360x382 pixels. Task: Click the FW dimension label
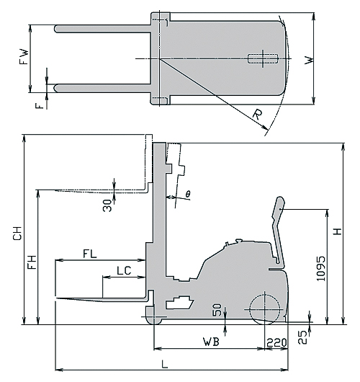pyautogui.click(x=24, y=57)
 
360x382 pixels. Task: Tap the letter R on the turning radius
pyautogui.click(x=258, y=115)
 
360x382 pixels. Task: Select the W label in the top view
pyautogui.click(x=309, y=60)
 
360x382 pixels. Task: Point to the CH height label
pyautogui.click(x=17, y=233)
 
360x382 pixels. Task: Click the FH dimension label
pyautogui.click(x=32, y=262)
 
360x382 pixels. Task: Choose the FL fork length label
pyautogui.click(x=90, y=254)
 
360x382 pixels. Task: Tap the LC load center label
pyautogui.click(x=124, y=270)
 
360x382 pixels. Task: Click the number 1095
pyautogui.click(x=320, y=268)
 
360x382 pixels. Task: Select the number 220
pyautogui.click(x=276, y=343)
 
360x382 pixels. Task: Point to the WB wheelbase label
pyautogui.click(x=211, y=342)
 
